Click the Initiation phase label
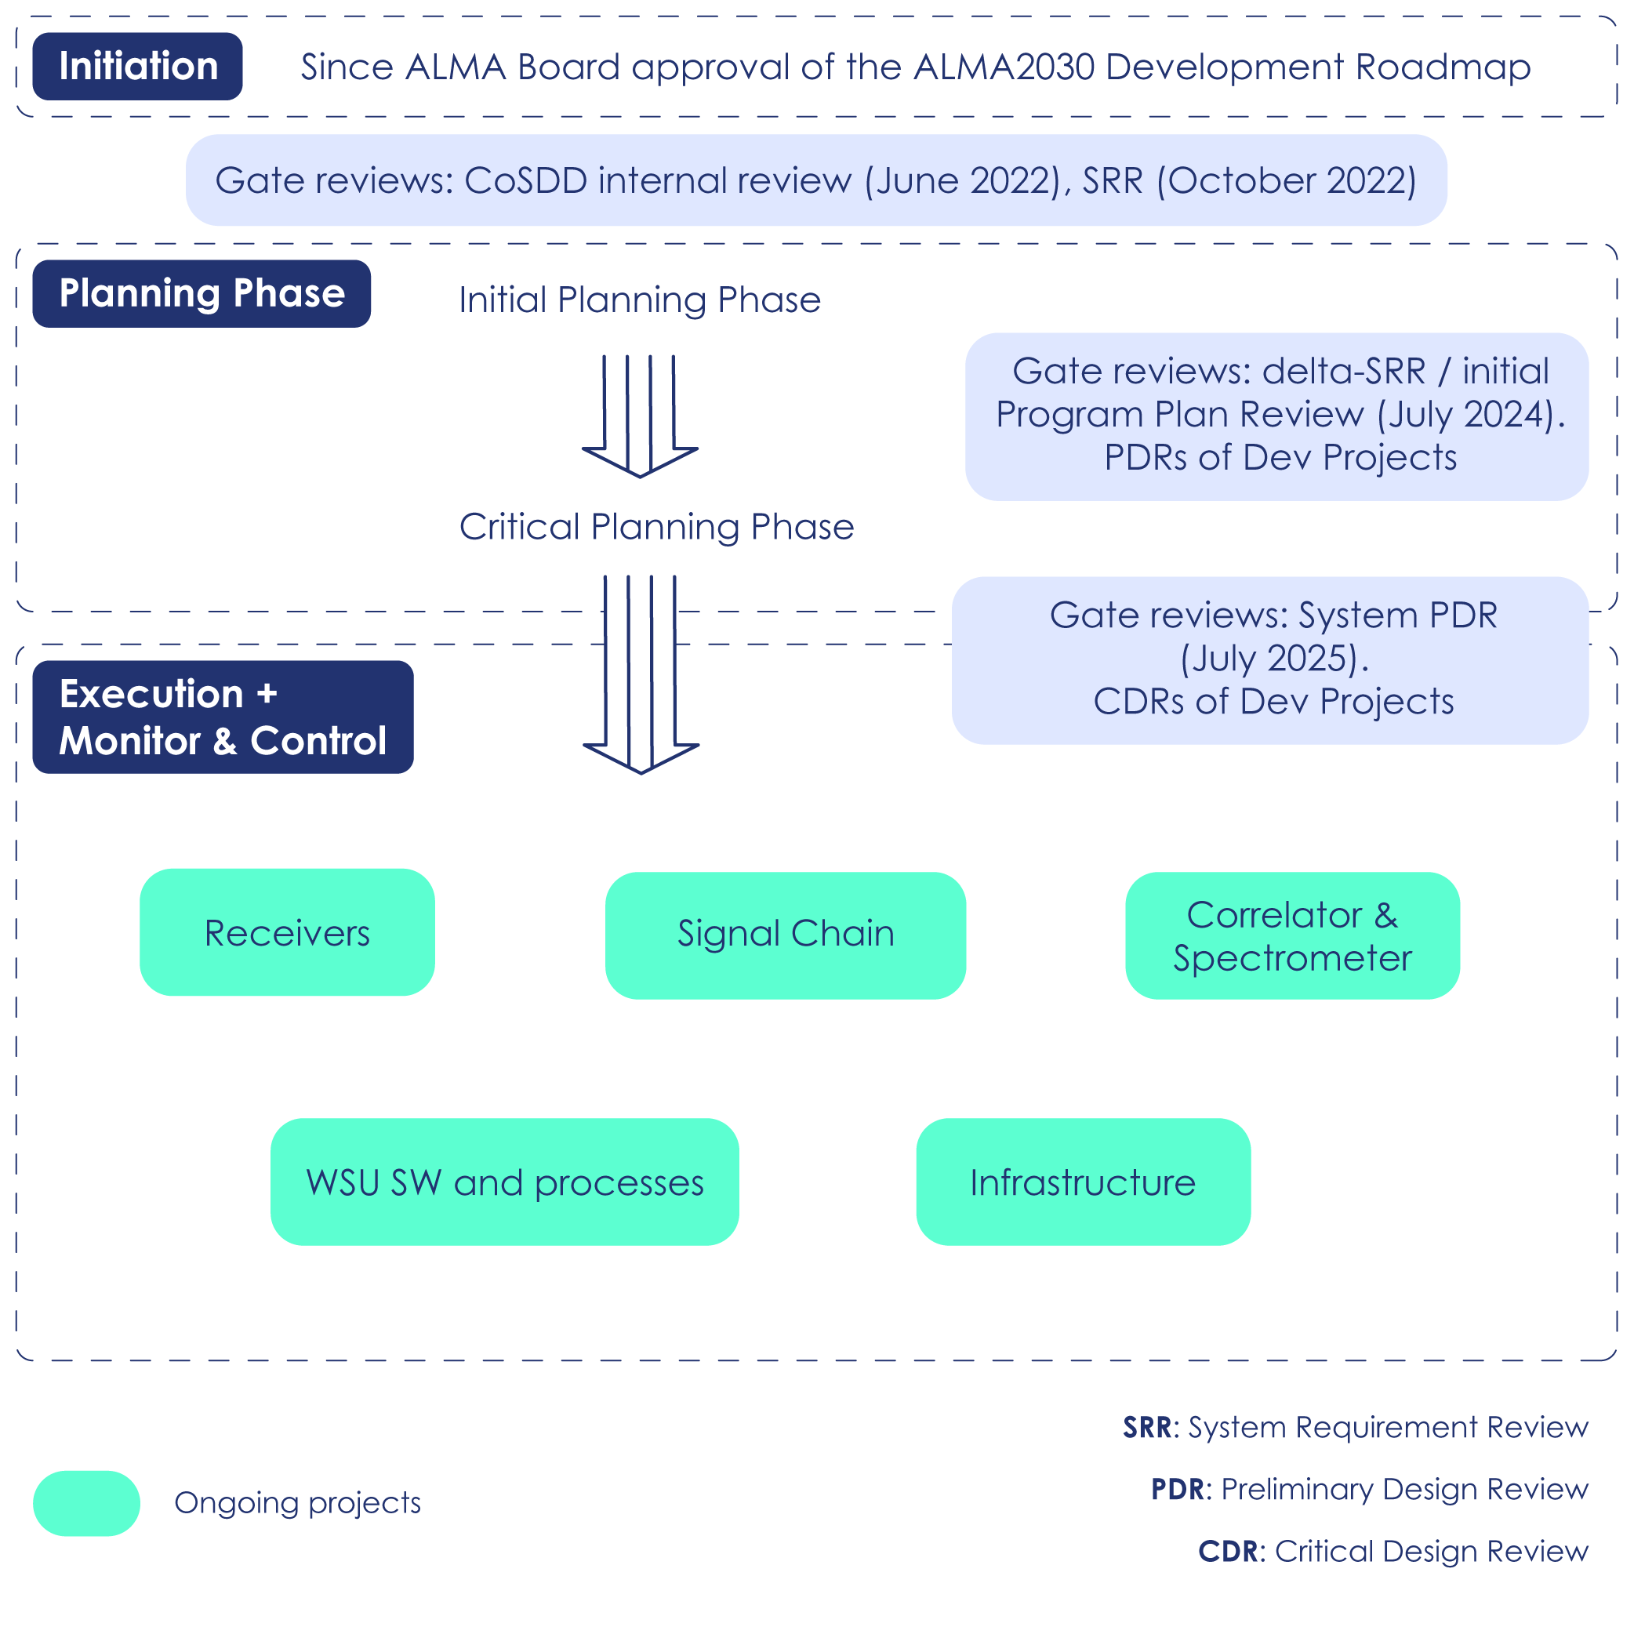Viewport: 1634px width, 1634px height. click(137, 67)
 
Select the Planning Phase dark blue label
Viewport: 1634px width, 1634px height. click(202, 293)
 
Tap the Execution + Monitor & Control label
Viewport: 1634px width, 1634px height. click(223, 717)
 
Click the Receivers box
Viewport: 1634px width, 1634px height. click(287, 932)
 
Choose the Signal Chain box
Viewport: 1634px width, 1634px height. click(785, 935)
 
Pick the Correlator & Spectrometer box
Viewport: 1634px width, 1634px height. click(1291, 935)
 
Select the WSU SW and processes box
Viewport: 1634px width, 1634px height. click(504, 1182)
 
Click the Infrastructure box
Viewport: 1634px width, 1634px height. click(1083, 1182)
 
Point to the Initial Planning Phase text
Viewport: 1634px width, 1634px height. click(639, 300)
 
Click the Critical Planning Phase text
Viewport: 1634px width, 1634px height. click(656, 527)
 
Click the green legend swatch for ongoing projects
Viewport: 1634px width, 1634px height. click(86, 1503)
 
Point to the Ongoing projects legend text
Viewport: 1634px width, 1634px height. click(297, 1503)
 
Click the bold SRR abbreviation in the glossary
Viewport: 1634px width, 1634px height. click(1147, 1428)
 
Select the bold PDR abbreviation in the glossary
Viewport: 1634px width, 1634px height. click(1176, 1490)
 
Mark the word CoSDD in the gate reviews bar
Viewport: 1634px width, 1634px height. click(525, 181)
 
